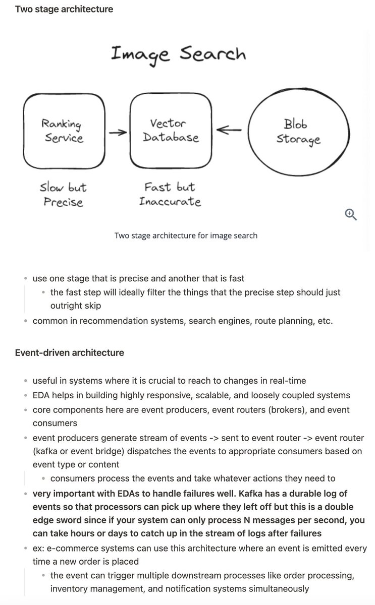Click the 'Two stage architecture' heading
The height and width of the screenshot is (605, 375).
pyautogui.click(x=64, y=9)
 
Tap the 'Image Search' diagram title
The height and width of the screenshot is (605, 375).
pyautogui.click(x=178, y=53)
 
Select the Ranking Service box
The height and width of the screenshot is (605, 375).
pyautogui.click(x=64, y=131)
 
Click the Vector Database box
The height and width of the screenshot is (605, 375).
pyautogui.click(x=171, y=131)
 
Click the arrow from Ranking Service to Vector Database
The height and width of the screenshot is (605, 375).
pyautogui.click(x=118, y=133)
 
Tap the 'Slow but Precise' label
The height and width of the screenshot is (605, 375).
pyautogui.click(x=63, y=195)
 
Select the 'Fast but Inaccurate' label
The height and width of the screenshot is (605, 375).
pyautogui.click(x=170, y=195)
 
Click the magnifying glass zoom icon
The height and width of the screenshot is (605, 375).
pyautogui.click(x=351, y=214)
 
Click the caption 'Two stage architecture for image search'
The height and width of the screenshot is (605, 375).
pyautogui.click(x=186, y=235)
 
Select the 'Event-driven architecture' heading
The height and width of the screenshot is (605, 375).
pyautogui.click(x=70, y=352)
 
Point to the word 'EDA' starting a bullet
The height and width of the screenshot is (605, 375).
pyautogui.click(x=41, y=395)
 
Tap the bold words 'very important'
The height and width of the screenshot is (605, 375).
pyautogui.click(x=64, y=493)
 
